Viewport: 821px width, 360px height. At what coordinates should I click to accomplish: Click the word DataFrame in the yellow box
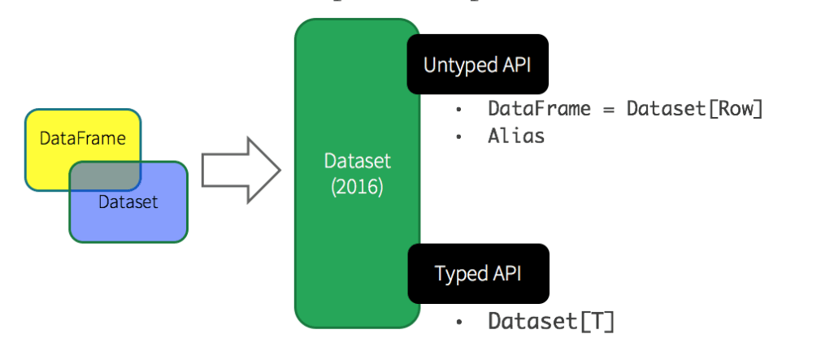coord(72,138)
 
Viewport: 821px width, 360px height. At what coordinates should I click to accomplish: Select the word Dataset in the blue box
coord(128,202)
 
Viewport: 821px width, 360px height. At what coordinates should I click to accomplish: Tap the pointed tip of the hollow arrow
coord(279,171)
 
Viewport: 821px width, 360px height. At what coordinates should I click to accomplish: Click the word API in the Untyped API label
coord(515,65)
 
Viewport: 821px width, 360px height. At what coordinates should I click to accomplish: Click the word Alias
coord(516,136)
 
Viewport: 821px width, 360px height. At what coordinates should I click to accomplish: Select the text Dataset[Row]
coord(695,109)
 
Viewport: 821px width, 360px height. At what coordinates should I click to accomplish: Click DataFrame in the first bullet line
coord(540,109)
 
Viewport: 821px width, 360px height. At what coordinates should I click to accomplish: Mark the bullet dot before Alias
coord(459,137)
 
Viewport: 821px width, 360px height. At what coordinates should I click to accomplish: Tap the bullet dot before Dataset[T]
coord(459,323)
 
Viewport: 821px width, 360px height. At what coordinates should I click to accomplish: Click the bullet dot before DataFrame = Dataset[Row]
coord(459,110)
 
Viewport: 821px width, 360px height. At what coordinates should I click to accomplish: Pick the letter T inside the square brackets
coord(597,322)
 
